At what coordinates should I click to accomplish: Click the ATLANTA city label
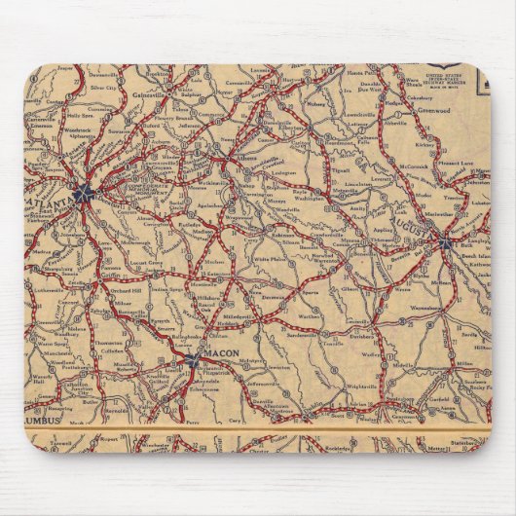point(55,200)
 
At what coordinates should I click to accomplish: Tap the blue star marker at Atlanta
point(85,192)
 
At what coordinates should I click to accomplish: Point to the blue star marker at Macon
point(192,361)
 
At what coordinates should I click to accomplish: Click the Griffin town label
point(104,276)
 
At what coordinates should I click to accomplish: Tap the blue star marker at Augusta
point(442,240)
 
